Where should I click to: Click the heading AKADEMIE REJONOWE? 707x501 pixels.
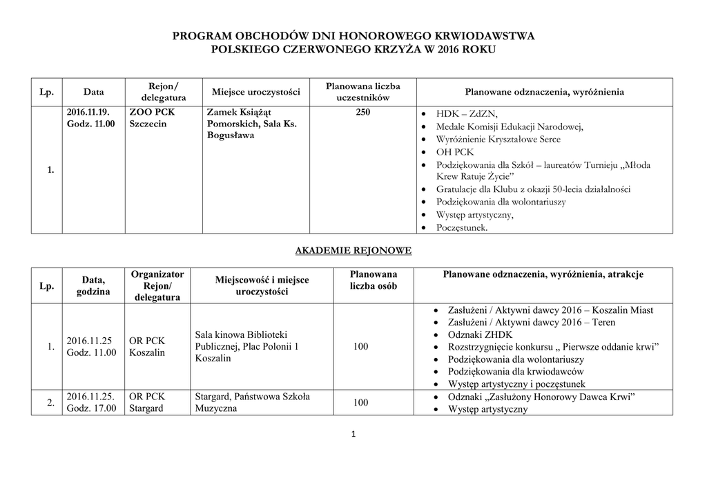point(353,251)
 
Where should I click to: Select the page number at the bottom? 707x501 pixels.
point(353,435)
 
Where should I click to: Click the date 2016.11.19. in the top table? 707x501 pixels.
point(88,112)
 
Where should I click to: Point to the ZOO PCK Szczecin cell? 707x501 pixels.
point(152,117)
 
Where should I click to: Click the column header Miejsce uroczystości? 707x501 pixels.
point(255,92)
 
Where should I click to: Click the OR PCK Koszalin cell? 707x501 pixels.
point(147,347)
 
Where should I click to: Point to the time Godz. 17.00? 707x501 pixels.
point(91,408)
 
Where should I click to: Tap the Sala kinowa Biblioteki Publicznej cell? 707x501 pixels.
point(246,347)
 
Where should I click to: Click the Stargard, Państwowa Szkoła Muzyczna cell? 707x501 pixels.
point(253,402)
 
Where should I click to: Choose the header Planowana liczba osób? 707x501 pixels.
point(374,281)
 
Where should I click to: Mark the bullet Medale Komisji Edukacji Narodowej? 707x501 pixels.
point(510,126)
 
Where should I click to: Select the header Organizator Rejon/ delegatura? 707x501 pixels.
point(157,286)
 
